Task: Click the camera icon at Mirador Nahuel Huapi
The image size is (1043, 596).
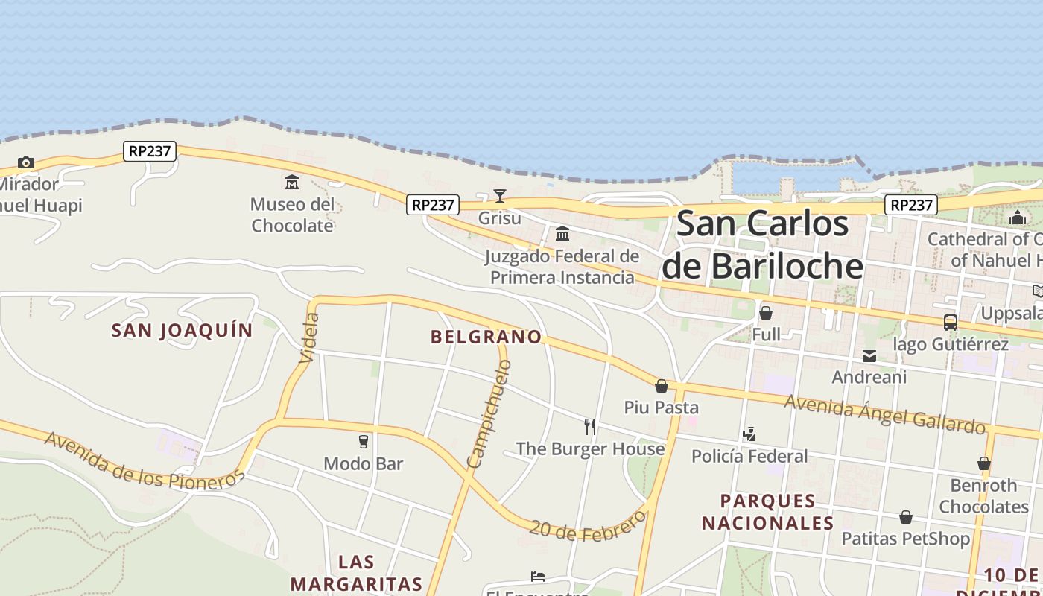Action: coord(26,162)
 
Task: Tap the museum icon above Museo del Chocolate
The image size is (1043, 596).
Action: coord(292,182)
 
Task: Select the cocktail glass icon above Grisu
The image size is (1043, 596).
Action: coord(500,196)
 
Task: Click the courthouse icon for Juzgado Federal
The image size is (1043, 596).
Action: coord(562,234)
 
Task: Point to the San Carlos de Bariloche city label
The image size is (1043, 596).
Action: coord(762,245)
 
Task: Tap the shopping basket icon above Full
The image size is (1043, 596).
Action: coord(766,313)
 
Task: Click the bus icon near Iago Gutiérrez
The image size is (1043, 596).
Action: coord(951,323)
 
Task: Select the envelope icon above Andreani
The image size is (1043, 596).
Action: coord(869,356)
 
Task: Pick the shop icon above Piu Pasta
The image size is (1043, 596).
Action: coord(662,386)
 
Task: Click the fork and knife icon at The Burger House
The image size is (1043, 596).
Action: coord(590,427)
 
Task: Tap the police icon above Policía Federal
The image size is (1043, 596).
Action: coord(749,434)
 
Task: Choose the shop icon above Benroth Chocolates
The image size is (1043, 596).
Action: coord(984,463)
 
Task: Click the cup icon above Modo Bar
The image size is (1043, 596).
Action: coord(364,442)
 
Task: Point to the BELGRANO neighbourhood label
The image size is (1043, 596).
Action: coord(486,337)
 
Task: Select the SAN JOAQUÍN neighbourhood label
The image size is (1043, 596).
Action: coord(183,330)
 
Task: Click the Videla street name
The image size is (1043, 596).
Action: coord(309,337)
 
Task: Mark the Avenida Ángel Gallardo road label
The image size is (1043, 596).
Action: coord(885,413)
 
